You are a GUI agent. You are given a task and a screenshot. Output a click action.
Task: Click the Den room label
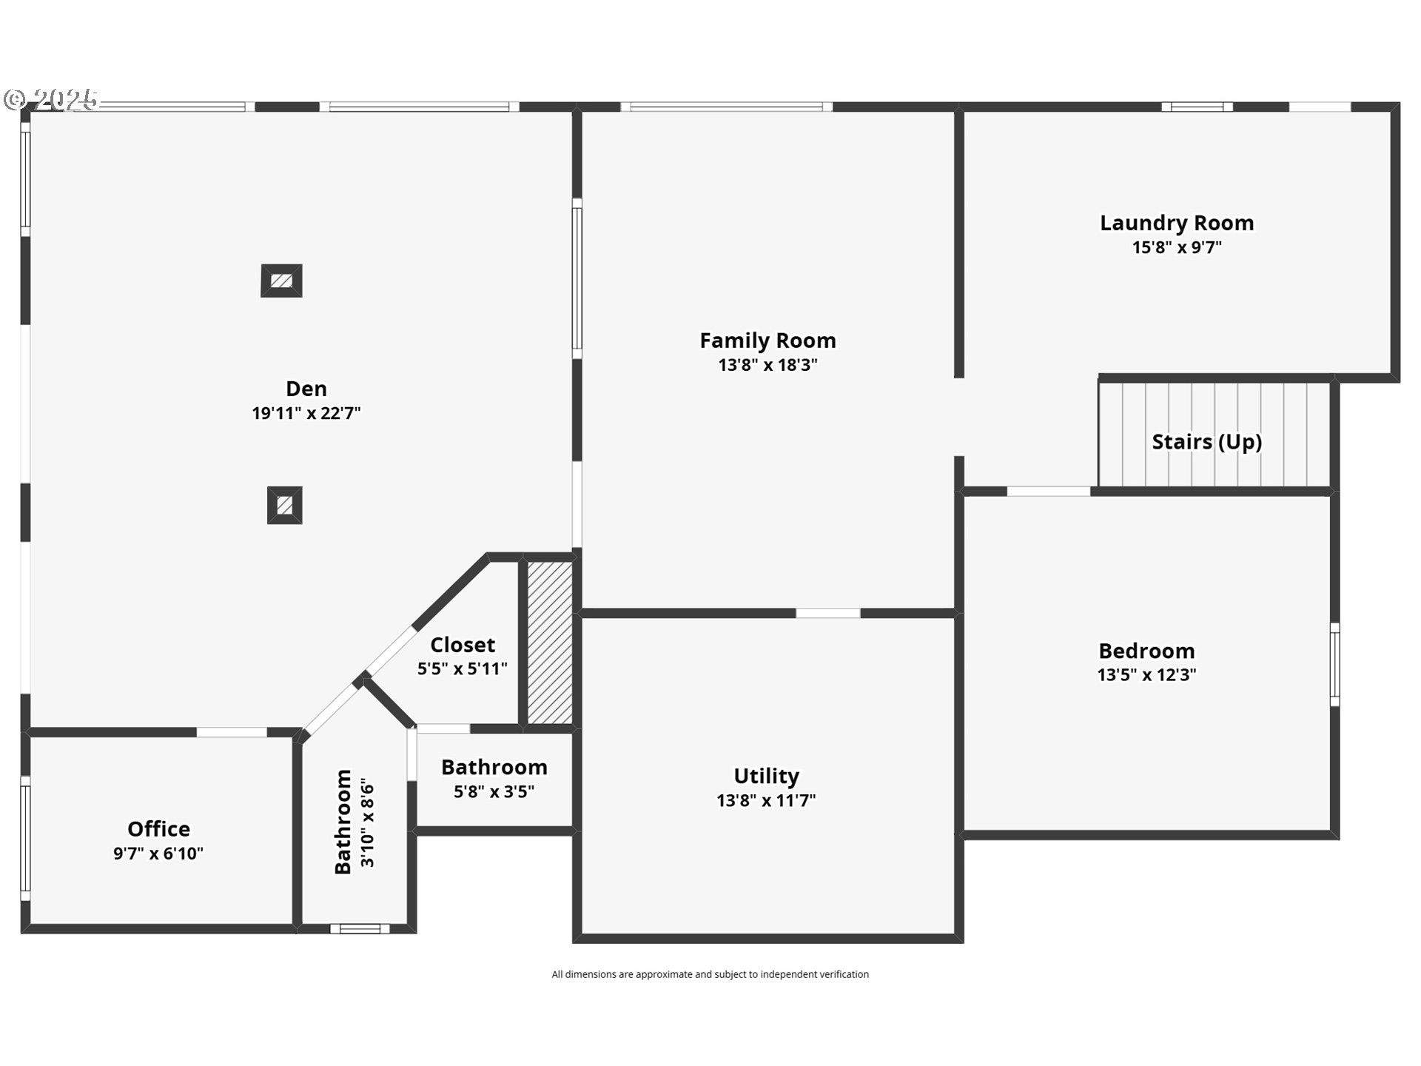[306, 389]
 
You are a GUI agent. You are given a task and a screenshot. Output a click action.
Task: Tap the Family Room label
[767, 341]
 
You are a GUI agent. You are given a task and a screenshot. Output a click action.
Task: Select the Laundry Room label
[1177, 223]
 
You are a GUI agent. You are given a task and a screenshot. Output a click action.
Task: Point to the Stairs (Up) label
[1207, 442]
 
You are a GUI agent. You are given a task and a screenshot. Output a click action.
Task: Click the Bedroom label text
[1146, 651]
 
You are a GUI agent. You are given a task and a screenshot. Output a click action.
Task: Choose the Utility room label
[766, 776]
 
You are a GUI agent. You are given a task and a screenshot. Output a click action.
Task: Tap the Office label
[158, 829]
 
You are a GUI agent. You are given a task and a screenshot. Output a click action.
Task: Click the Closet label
[463, 645]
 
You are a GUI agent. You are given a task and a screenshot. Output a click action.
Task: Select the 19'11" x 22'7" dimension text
[306, 413]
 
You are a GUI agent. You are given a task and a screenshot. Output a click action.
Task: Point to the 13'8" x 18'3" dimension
[767, 365]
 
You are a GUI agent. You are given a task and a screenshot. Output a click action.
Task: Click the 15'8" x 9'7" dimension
[1177, 247]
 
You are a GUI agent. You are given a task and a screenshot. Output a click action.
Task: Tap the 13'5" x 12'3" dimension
[1146, 675]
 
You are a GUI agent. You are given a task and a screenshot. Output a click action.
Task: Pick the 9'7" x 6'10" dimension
[158, 854]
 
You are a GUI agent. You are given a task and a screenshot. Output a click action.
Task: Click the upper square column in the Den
[281, 281]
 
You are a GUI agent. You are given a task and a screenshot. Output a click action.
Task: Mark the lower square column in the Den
[285, 506]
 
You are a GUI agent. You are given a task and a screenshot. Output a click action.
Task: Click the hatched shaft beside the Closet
[550, 643]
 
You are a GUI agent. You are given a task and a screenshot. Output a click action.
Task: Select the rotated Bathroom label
[343, 822]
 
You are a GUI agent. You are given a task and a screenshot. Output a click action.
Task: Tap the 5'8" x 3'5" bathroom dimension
[494, 792]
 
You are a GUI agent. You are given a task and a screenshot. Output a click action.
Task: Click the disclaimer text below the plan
[710, 974]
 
